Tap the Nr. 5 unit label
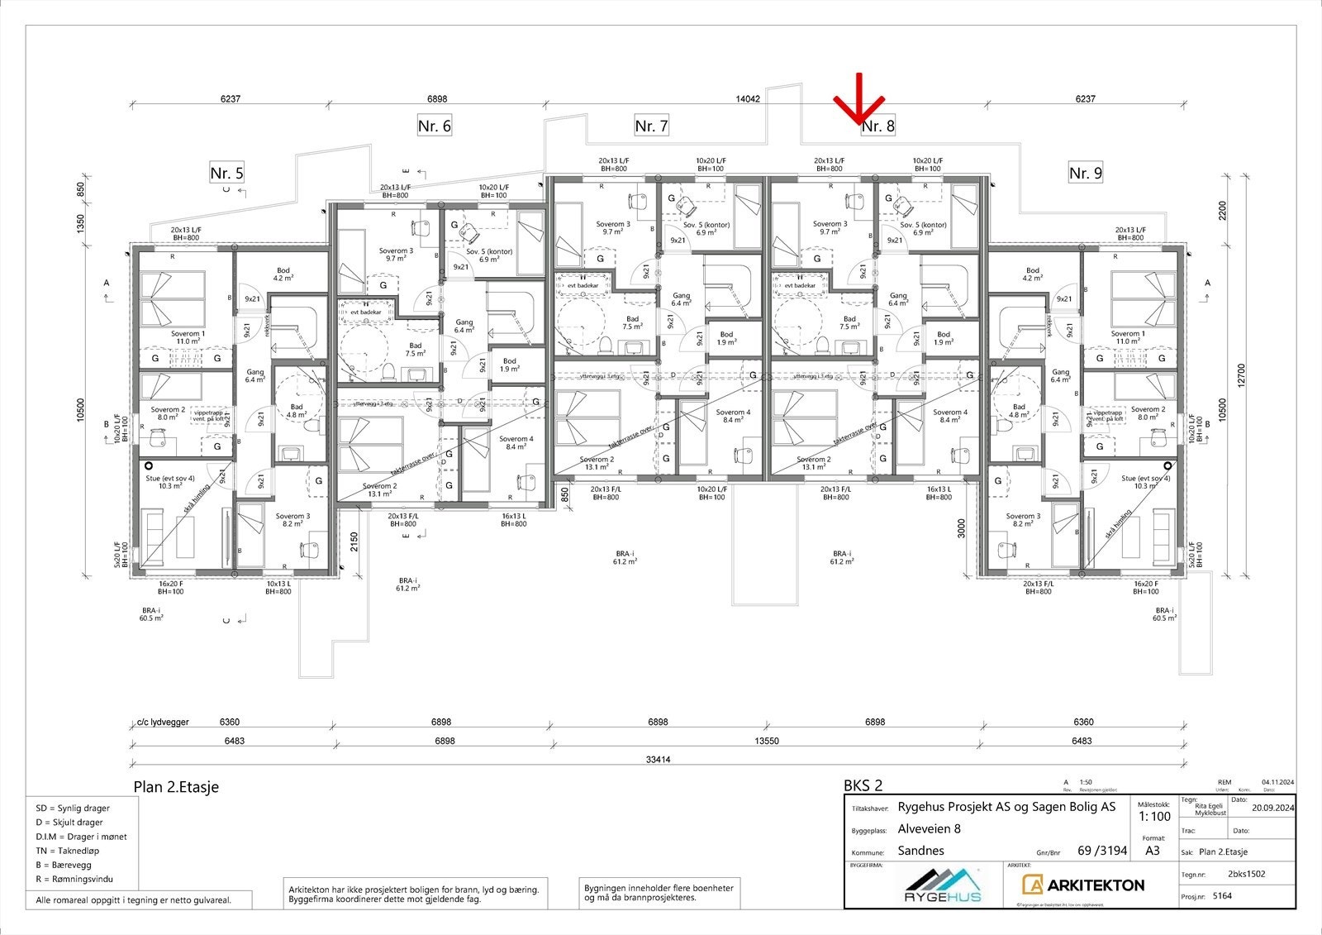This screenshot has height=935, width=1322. pyautogui.click(x=226, y=173)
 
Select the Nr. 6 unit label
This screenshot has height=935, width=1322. pyautogui.click(x=435, y=126)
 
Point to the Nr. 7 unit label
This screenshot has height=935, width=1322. pyautogui.click(x=651, y=126)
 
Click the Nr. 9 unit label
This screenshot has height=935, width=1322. pyautogui.click(x=1085, y=173)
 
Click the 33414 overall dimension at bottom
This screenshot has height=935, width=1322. pyautogui.click(x=658, y=760)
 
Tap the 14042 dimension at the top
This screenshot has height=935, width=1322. pyautogui.click(x=748, y=98)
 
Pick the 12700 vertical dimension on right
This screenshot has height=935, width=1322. pyautogui.click(x=1241, y=374)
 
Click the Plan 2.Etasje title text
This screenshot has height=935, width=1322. pyautogui.click(x=176, y=787)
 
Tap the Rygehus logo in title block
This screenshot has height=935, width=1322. pyautogui.click(x=942, y=887)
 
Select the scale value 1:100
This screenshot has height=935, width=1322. pyautogui.click(x=1154, y=817)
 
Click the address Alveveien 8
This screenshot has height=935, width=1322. pyautogui.click(x=929, y=829)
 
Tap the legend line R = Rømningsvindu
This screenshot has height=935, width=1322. pyautogui.click(x=74, y=879)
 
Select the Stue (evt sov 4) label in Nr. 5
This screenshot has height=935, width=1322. pyautogui.click(x=170, y=478)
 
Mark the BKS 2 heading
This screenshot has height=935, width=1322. pyautogui.click(x=863, y=785)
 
